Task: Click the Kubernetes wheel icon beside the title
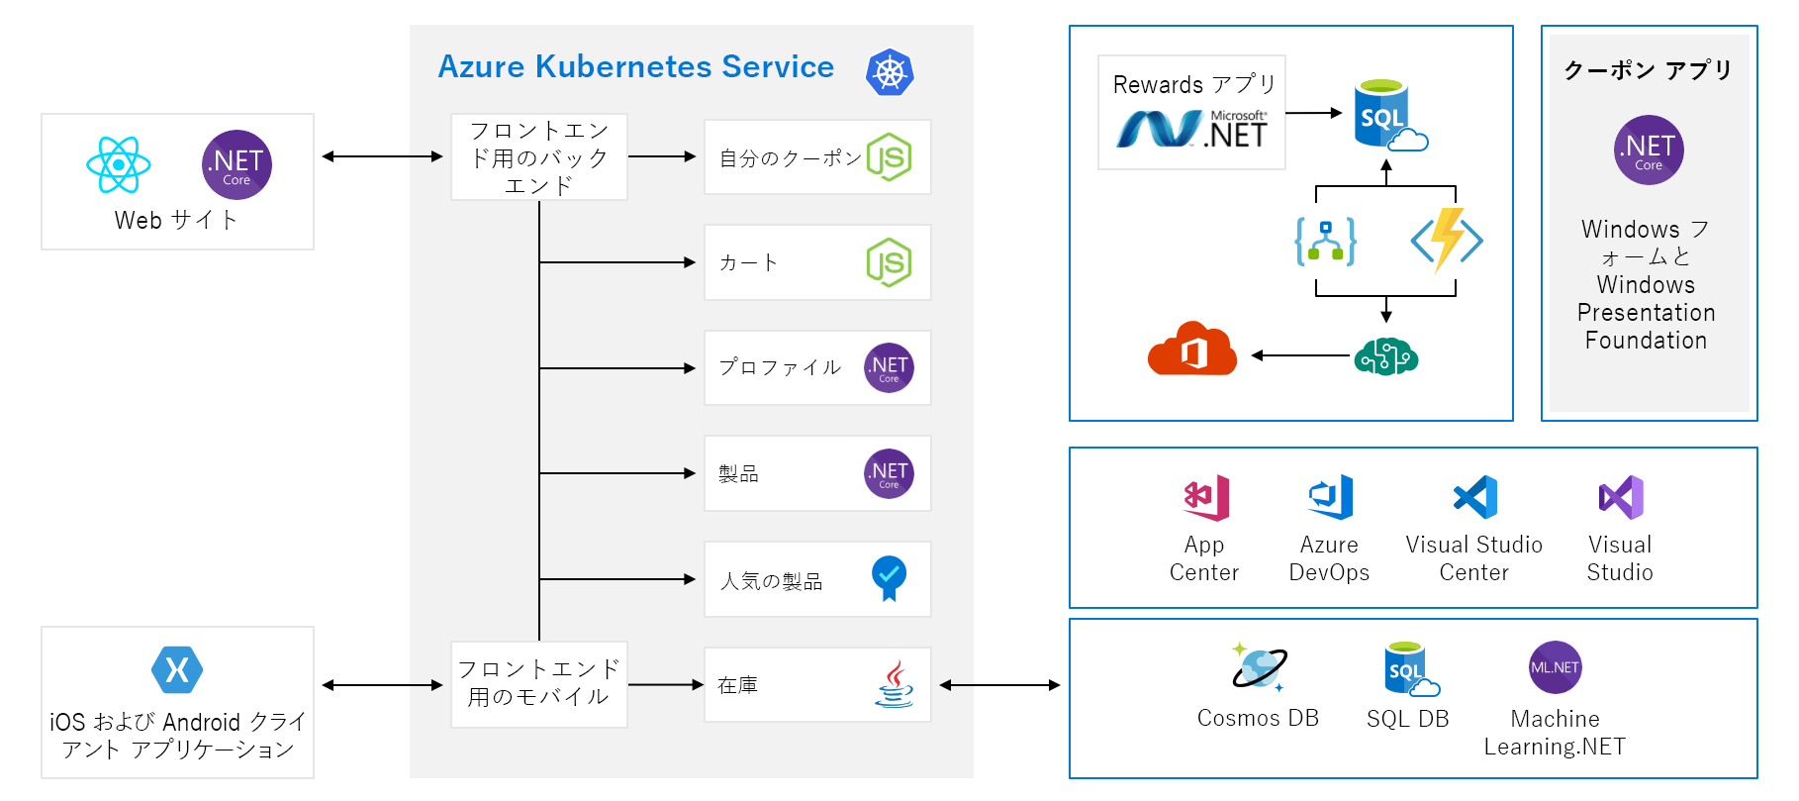tap(889, 72)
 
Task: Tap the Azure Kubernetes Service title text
tap(635, 66)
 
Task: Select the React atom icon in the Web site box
tap(118, 164)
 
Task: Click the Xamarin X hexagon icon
tap(177, 670)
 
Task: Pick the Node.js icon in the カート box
tap(889, 262)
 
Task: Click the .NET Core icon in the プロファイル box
tap(889, 368)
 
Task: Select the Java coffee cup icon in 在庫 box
tap(894, 684)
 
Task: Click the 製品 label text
tap(738, 474)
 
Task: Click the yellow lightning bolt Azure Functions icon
tap(1447, 240)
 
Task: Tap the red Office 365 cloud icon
tap(1192, 349)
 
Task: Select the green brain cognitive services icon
tap(1385, 355)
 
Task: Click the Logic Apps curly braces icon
tap(1325, 241)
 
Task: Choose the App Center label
tap(1203, 558)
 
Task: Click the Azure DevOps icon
tap(1330, 497)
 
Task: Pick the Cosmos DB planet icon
tap(1258, 666)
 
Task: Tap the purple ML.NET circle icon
tap(1555, 667)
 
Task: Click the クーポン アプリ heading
tap(1648, 70)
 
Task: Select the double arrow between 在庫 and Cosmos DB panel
tap(999, 685)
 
